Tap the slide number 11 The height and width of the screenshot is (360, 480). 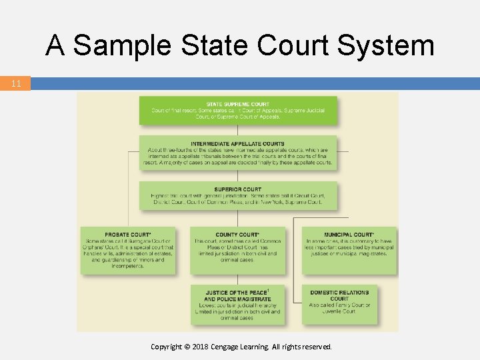[16, 84]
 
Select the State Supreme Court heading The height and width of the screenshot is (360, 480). [238, 104]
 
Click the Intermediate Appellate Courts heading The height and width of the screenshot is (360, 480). [237, 144]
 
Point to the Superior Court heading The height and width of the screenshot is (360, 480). [238, 189]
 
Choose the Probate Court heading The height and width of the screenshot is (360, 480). [127, 235]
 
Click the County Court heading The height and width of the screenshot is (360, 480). [237, 235]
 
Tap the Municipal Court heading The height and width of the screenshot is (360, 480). [349, 235]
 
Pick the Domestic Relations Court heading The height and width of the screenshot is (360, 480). [339, 295]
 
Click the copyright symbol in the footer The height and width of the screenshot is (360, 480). [187, 347]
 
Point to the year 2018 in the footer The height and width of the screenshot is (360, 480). [201, 347]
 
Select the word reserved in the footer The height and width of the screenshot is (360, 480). [315, 347]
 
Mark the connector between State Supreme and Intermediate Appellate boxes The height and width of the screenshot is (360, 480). [238, 130]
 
